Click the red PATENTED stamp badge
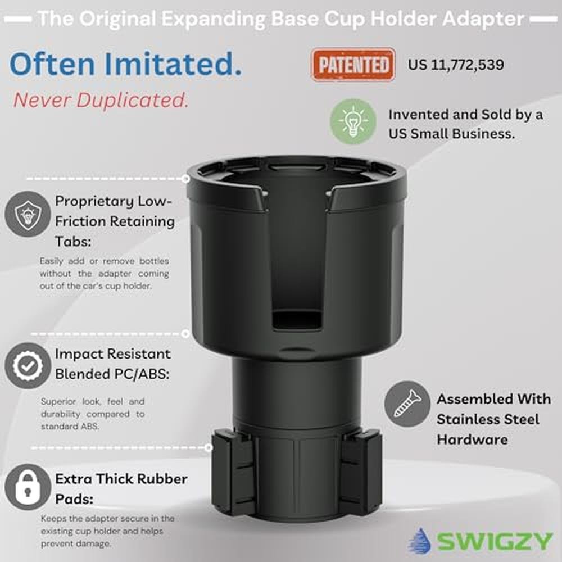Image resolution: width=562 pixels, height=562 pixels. point(353,65)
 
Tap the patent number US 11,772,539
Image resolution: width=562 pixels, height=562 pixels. point(456,65)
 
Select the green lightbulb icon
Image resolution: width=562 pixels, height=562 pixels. point(353,121)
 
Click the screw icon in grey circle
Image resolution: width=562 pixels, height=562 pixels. point(407,404)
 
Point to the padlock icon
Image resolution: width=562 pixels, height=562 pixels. point(28,487)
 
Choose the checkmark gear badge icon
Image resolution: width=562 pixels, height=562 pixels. point(28,366)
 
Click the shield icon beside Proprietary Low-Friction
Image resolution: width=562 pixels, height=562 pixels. point(28,214)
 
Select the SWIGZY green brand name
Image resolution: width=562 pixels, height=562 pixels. point(495,541)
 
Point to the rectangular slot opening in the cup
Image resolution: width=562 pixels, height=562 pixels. point(296,320)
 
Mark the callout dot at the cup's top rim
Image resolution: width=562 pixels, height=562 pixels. point(185,179)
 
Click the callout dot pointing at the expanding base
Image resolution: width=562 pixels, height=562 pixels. point(209,447)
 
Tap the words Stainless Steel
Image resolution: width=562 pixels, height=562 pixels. point(488,419)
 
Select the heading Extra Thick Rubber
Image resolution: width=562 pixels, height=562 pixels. point(121,479)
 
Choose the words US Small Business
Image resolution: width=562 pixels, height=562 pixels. point(452,134)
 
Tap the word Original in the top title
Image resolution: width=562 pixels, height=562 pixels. point(118,19)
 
